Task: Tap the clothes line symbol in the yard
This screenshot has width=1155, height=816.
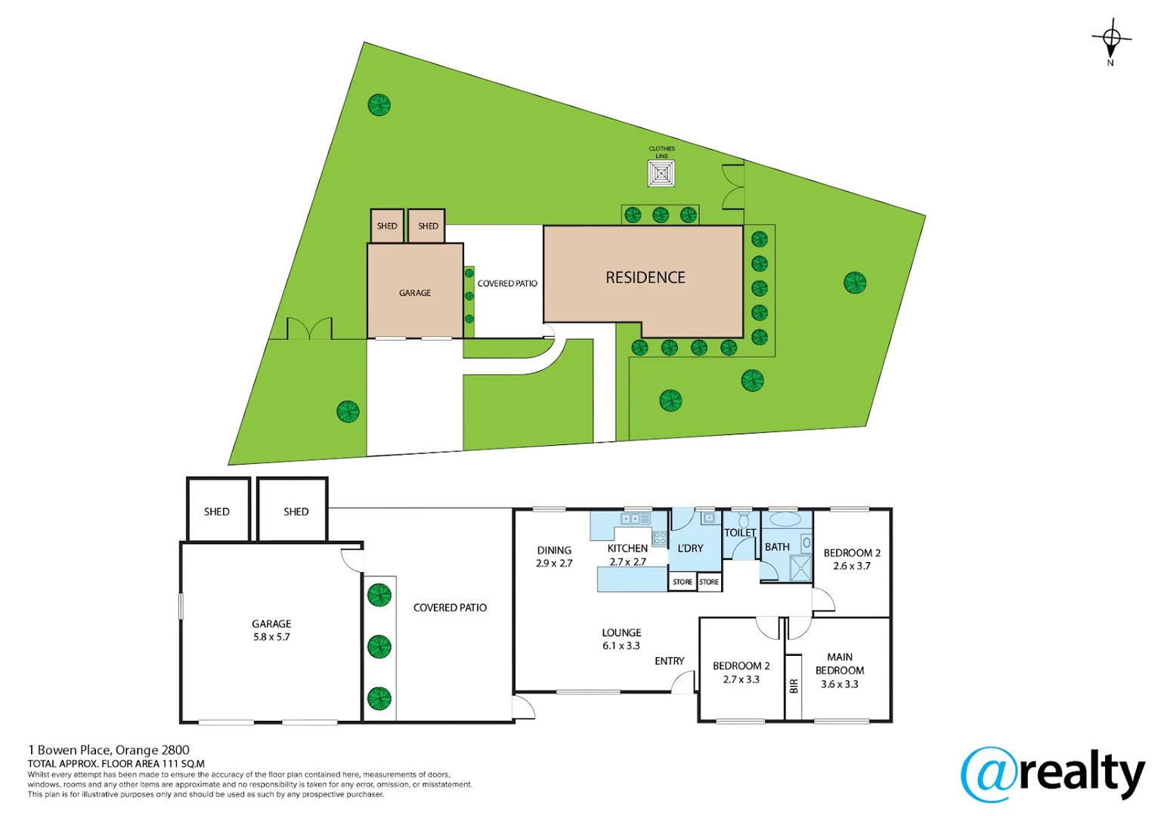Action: pos(661,174)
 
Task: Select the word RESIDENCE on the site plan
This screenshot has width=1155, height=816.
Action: pos(645,277)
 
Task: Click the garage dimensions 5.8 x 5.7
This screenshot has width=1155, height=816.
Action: pos(271,637)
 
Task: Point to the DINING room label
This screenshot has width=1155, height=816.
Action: pos(554,550)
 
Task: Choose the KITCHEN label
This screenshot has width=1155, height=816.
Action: pos(627,548)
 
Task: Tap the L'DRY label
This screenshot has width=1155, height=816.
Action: pos(690,548)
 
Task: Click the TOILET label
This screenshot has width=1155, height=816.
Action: pos(740,533)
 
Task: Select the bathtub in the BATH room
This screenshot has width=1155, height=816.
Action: pos(785,520)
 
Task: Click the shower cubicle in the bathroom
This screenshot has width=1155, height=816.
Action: pos(800,567)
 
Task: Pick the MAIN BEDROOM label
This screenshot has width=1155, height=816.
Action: pos(839,663)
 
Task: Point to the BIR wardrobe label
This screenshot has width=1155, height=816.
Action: pos(794,686)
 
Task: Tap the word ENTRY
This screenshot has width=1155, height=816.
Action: pos(669,661)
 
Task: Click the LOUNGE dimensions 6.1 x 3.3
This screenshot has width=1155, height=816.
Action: pos(621,646)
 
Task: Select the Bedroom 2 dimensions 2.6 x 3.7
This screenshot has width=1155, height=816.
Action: pos(852,566)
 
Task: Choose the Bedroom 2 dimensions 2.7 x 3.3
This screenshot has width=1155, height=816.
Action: pos(741,679)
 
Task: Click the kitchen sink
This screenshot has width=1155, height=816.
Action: pos(635,519)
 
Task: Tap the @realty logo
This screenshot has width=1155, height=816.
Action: pos(1052,774)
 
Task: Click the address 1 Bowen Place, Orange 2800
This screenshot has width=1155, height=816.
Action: pos(109,750)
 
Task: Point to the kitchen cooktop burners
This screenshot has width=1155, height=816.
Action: pos(659,539)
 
